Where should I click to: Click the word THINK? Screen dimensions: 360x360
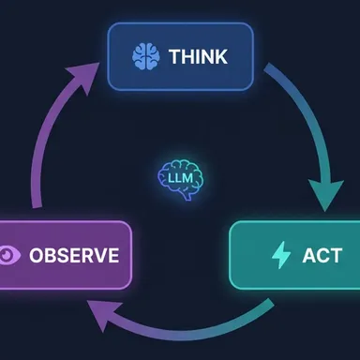tap(199, 56)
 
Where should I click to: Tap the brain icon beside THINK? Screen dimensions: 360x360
tap(146, 56)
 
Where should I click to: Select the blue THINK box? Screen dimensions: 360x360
tap(180, 56)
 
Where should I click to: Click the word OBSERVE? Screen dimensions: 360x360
tap(74, 255)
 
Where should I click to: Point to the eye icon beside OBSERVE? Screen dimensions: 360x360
tap(9, 255)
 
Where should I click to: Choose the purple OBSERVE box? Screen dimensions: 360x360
tap(65, 255)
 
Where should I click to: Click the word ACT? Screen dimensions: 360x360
tap(322, 255)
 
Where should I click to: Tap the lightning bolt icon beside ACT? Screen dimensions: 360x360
tap(280, 255)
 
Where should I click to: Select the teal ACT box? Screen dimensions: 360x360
tap(294, 255)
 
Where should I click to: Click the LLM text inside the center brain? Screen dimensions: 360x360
tap(180, 178)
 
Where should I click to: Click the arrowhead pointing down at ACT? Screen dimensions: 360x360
tap(325, 194)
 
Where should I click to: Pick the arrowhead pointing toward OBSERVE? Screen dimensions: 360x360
tap(98, 316)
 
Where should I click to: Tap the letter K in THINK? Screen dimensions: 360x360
tap(220, 56)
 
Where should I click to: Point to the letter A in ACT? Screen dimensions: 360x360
tap(309, 255)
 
